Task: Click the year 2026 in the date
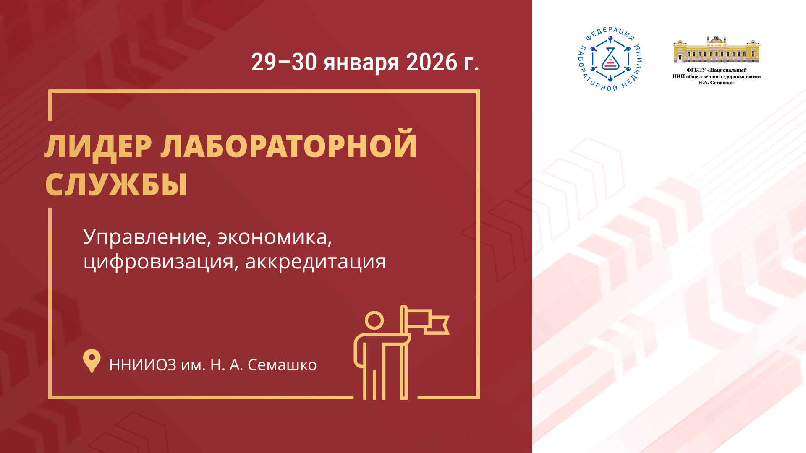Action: point(432,62)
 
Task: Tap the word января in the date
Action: point(361,64)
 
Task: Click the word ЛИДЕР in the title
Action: point(98,146)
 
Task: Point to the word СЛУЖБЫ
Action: point(116,185)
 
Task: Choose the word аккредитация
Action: point(315,262)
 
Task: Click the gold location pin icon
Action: point(92,360)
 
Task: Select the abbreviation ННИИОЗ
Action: point(143,365)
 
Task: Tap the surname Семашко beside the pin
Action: point(282,365)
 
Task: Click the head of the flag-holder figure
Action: point(374,321)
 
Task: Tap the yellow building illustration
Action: point(717,49)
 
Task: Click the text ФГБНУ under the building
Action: point(696,70)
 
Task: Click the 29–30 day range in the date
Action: point(284,62)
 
